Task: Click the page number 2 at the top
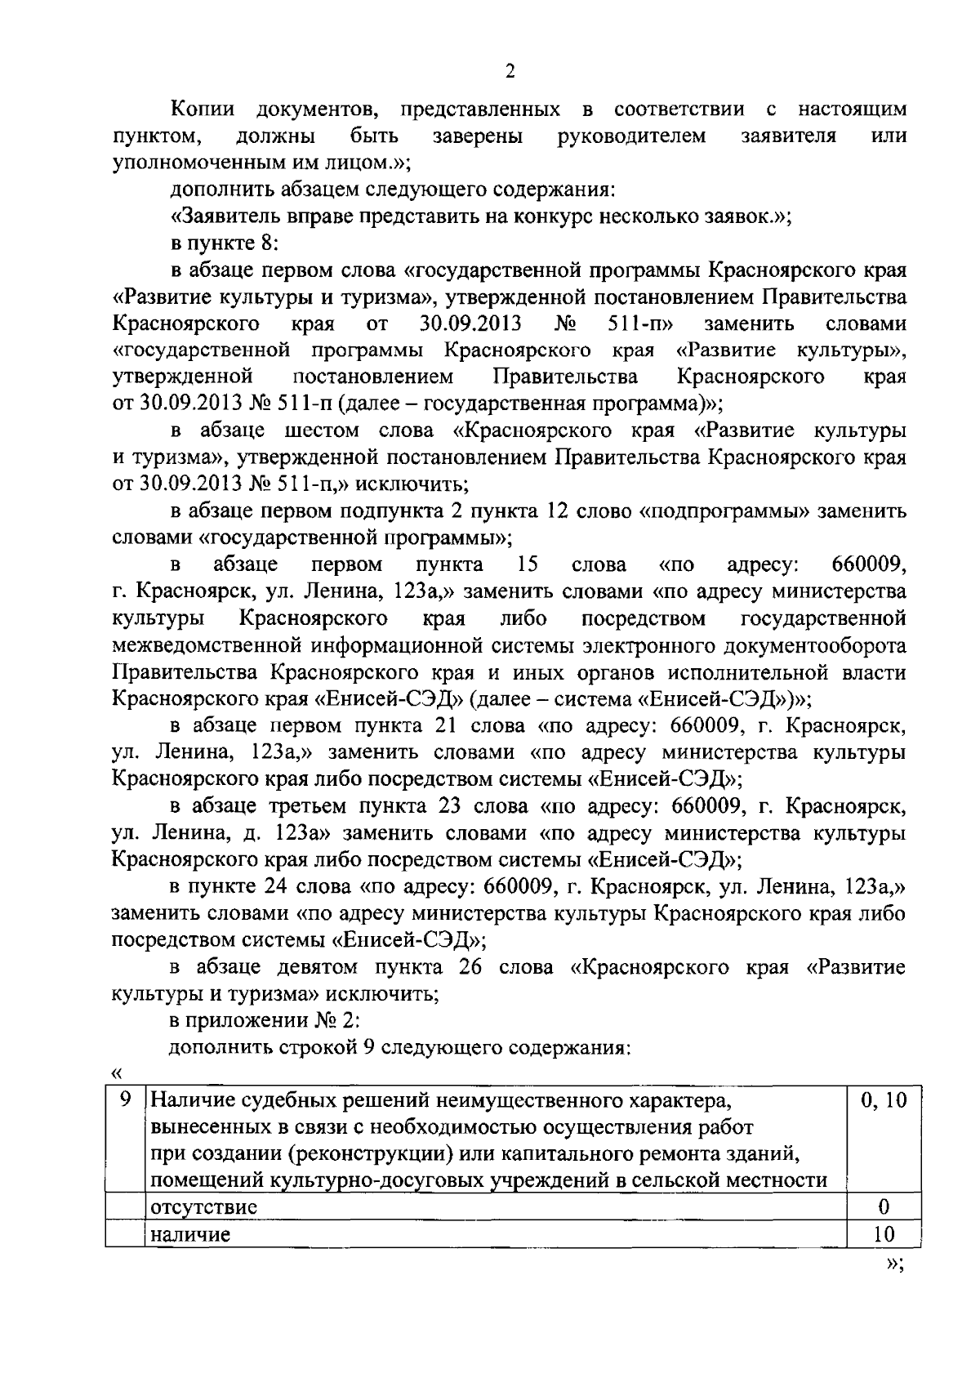[x=510, y=72]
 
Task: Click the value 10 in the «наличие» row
[x=883, y=1234]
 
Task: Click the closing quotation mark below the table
[x=893, y=1264]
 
